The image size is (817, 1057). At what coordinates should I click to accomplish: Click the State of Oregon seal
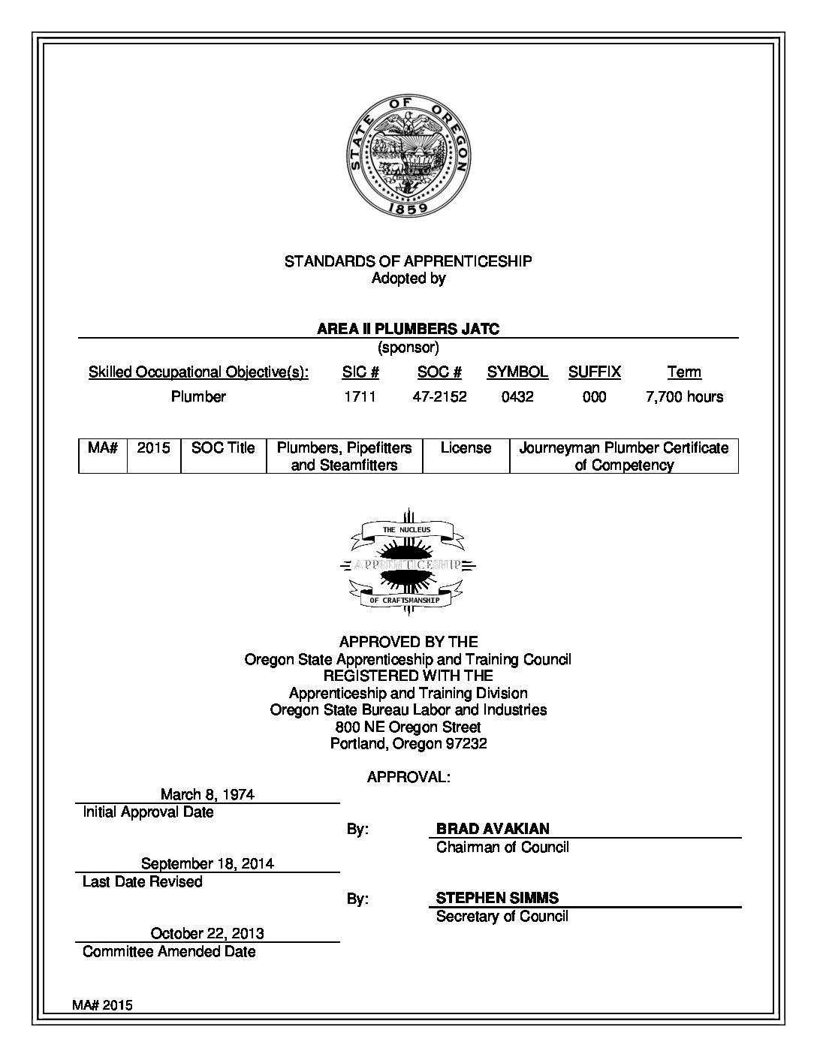[408, 155]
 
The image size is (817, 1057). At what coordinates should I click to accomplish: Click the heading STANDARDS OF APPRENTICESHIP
[408, 261]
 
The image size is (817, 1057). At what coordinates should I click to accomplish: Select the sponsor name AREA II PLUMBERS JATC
[408, 329]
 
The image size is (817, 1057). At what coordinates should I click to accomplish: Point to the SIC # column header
[360, 372]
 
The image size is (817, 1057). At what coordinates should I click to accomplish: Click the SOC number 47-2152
[439, 396]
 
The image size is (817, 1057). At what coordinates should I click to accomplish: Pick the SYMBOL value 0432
[517, 396]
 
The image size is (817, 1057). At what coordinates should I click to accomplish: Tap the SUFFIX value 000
[594, 396]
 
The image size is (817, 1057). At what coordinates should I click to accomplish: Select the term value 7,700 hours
[684, 396]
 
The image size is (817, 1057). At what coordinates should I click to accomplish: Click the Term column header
[684, 372]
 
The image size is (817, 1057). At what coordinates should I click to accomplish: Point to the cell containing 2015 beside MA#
[154, 448]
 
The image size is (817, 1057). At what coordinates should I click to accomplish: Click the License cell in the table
[466, 448]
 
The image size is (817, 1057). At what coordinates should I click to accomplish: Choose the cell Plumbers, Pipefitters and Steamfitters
[344, 456]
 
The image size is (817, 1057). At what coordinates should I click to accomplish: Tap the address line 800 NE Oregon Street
[408, 727]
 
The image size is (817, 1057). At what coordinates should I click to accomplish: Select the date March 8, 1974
[208, 794]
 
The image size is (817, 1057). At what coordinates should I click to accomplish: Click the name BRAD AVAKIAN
[493, 829]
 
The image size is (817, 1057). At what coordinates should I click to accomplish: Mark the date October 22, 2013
[207, 933]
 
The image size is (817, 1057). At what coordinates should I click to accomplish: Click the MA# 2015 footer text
[103, 1005]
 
